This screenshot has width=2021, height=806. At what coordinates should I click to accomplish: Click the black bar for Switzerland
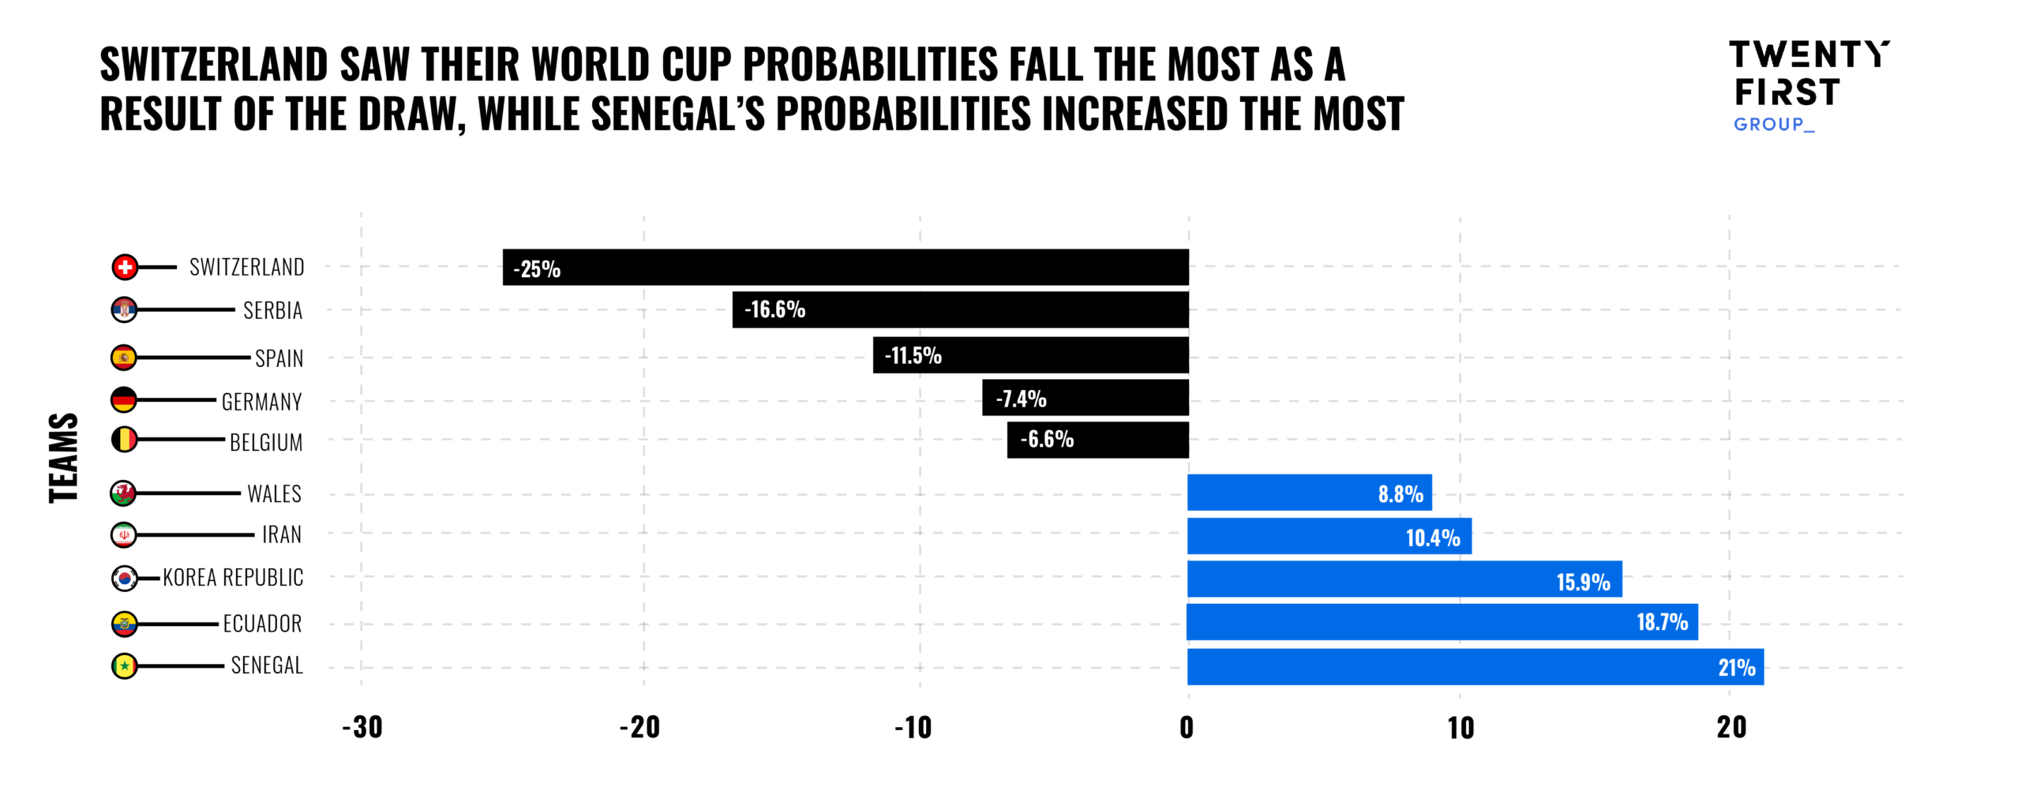point(845,267)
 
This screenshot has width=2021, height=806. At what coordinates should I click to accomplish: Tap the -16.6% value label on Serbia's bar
point(774,309)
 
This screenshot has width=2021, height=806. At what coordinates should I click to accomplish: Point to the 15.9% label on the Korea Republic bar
point(1582,582)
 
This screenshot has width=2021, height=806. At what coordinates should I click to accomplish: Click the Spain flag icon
point(124,358)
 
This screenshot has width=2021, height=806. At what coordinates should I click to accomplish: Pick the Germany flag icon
point(124,400)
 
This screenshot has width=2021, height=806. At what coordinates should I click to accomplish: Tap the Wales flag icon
point(123,493)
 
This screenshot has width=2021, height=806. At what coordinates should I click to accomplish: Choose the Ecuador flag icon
point(124,624)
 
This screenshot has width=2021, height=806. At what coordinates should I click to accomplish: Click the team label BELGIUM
point(266,442)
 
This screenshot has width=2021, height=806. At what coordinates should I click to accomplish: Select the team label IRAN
point(282,534)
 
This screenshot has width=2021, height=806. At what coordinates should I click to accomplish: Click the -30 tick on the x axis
point(362,727)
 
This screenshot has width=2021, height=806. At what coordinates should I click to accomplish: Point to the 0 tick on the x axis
point(1186,727)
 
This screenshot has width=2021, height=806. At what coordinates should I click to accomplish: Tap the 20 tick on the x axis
point(1731,727)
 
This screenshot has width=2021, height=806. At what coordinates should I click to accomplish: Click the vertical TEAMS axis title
point(64,458)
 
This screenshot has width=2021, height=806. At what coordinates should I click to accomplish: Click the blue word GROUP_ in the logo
point(1773,125)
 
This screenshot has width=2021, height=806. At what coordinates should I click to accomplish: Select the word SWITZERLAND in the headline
point(213,64)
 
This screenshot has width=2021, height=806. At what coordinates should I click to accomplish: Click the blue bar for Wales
point(1309,493)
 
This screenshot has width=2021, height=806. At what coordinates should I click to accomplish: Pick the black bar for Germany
point(1085,397)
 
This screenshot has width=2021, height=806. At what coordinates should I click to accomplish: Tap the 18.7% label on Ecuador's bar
point(1662,622)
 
